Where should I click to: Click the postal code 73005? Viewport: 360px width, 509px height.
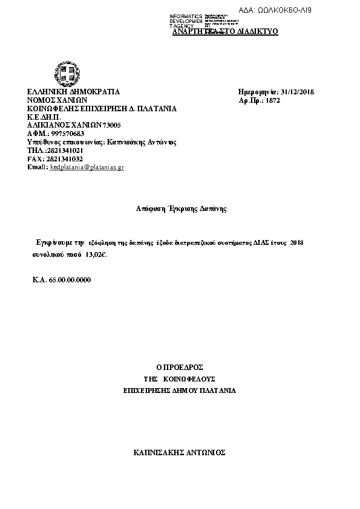tap(113, 125)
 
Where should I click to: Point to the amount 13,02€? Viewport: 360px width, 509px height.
tap(96, 255)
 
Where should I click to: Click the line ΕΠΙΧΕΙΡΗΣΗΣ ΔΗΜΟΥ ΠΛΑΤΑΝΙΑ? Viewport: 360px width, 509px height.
tap(179, 391)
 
